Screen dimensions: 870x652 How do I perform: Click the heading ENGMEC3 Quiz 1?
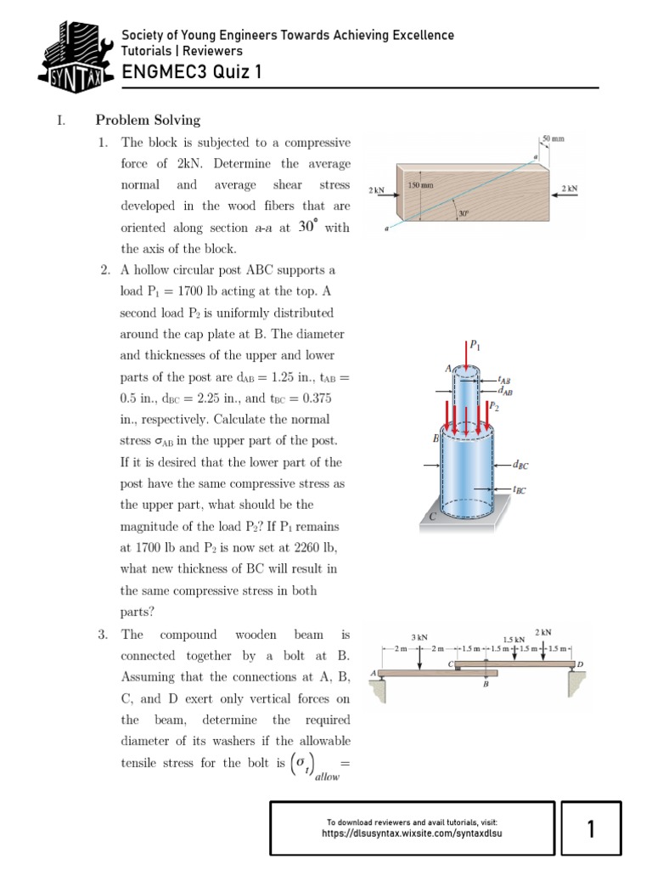pos(191,72)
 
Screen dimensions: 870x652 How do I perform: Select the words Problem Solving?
pos(148,120)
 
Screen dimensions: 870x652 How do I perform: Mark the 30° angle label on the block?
pos(464,213)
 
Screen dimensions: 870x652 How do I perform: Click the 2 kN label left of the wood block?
pos(377,190)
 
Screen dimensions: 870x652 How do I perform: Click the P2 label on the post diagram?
pos(493,407)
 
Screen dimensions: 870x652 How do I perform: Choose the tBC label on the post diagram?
pos(520,490)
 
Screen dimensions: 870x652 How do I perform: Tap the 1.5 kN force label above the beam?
pos(513,640)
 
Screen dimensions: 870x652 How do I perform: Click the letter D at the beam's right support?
pos(580,663)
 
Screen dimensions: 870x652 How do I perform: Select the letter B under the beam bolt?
pos(486,683)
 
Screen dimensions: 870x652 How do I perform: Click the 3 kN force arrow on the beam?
pos(419,656)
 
